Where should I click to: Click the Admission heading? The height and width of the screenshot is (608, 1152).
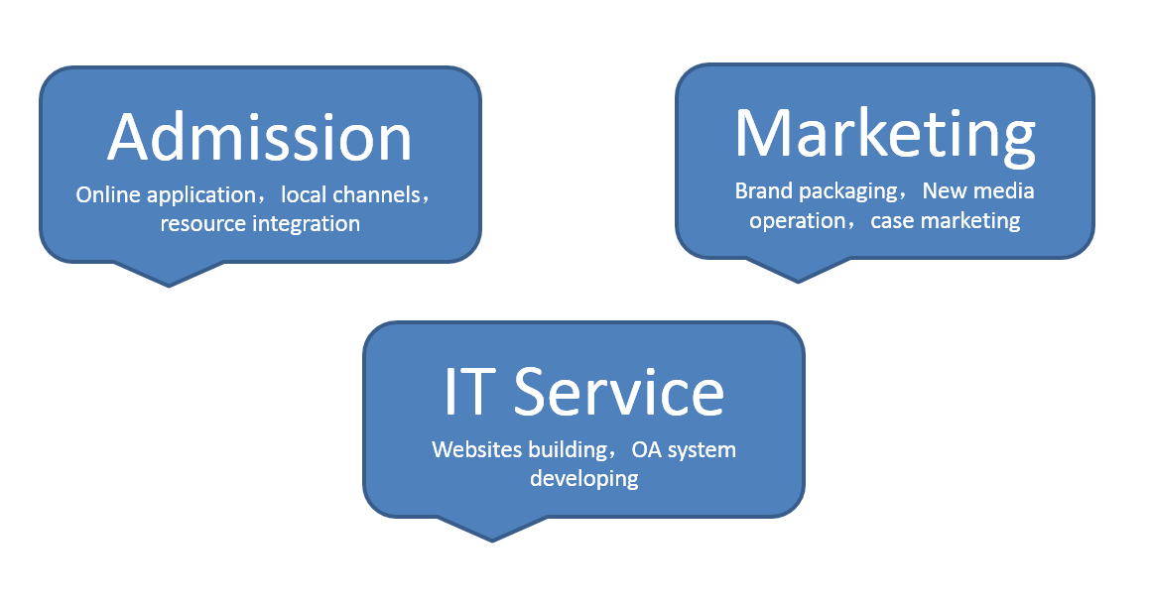coord(259,137)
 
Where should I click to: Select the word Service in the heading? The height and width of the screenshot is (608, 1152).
coord(618,392)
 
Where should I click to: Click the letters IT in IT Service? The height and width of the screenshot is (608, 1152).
coord(465,392)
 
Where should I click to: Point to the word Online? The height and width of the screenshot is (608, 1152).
coord(108,194)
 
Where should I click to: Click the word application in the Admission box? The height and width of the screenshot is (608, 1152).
coord(201,195)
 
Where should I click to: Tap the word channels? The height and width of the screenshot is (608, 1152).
coord(377,194)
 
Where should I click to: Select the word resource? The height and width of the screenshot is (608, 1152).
coord(202,223)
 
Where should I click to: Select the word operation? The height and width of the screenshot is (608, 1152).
coord(798,222)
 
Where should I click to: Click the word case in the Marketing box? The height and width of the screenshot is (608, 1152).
coord(892,221)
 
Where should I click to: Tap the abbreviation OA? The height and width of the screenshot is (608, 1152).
coord(647,449)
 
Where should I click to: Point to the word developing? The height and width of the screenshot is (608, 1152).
coord(584,479)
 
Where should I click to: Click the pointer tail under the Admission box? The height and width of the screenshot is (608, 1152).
coord(169,275)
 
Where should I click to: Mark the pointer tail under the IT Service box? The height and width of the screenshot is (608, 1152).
coord(492,531)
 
